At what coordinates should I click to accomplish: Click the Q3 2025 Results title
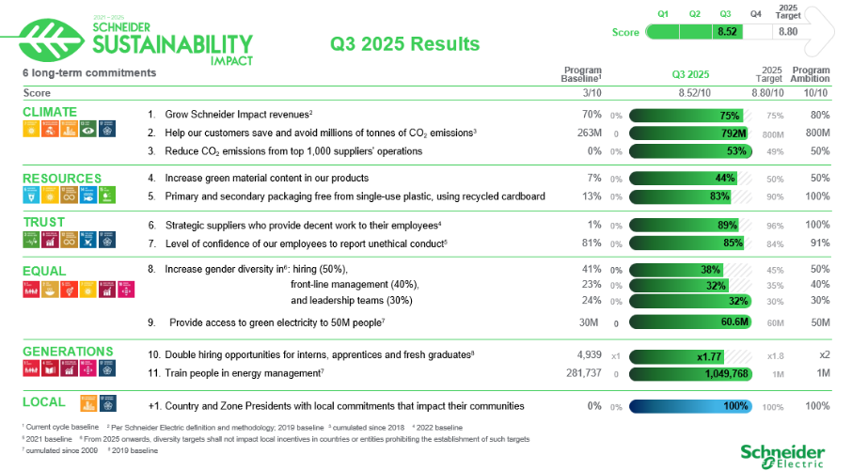click(404, 44)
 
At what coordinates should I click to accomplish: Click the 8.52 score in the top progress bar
click(725, 32)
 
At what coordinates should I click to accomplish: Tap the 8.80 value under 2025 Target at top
click(788, 32)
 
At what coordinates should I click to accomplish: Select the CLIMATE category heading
click(50, 112)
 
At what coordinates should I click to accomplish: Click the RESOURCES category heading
click(61, 178)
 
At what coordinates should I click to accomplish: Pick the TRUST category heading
click(43, 223)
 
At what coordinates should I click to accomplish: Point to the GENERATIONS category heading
click(68, 352)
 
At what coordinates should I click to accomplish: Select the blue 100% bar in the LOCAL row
click(691, 406)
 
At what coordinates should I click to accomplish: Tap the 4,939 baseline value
click(589, 355)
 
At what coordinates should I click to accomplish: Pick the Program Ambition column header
click(810, 74)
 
